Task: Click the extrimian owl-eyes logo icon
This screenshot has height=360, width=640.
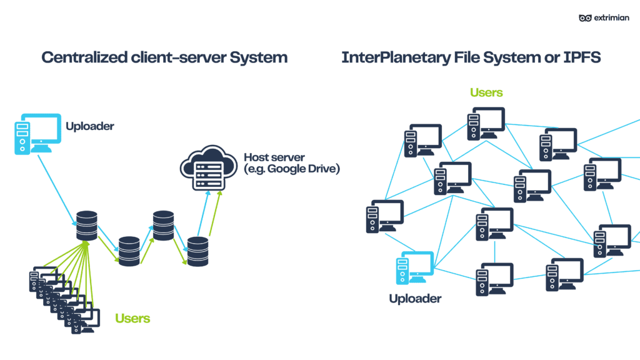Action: point(585,17)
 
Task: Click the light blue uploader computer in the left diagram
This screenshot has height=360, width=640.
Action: point(36,133)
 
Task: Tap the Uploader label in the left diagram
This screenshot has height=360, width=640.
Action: point(90,126)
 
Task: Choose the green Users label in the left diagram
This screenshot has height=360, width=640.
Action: point(132,318)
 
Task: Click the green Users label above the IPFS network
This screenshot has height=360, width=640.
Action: point(486,92)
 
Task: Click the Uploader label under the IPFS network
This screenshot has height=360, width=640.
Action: point(415,299)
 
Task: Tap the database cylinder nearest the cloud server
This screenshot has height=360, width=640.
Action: point(197,251)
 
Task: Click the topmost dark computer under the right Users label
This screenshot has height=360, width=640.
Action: point(485,123)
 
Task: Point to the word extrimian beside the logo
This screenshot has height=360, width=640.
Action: point(614,17)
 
